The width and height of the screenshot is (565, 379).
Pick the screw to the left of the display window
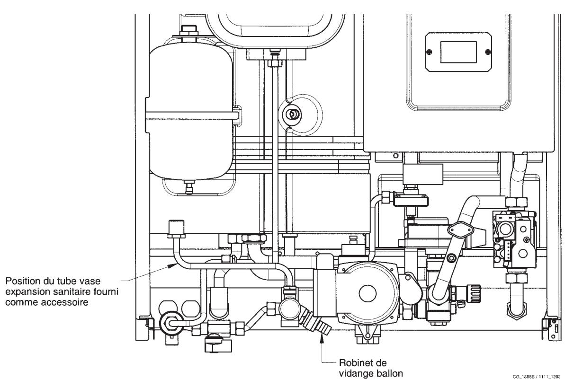click(429, 51)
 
